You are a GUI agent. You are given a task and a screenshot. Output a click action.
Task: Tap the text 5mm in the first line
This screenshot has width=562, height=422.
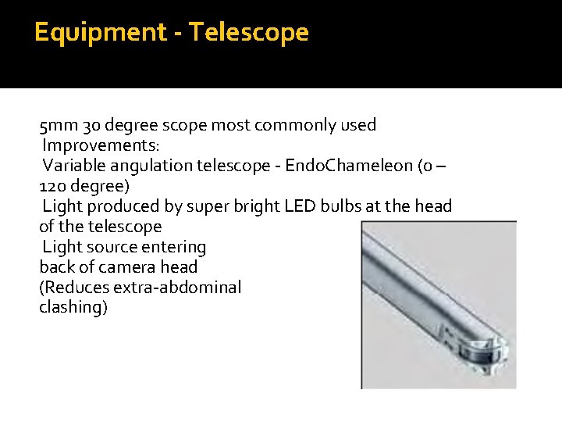pyautogui.click(x=54, y=125)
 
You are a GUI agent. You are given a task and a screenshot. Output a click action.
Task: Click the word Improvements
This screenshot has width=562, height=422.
pyautogui.click(x=101, y=145)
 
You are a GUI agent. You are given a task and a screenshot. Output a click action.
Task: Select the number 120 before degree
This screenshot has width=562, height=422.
pyautogui.click(x=52, y=186)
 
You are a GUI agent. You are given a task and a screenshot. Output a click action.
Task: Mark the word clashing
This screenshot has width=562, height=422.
pyautogui.click(x=73, y=308)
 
